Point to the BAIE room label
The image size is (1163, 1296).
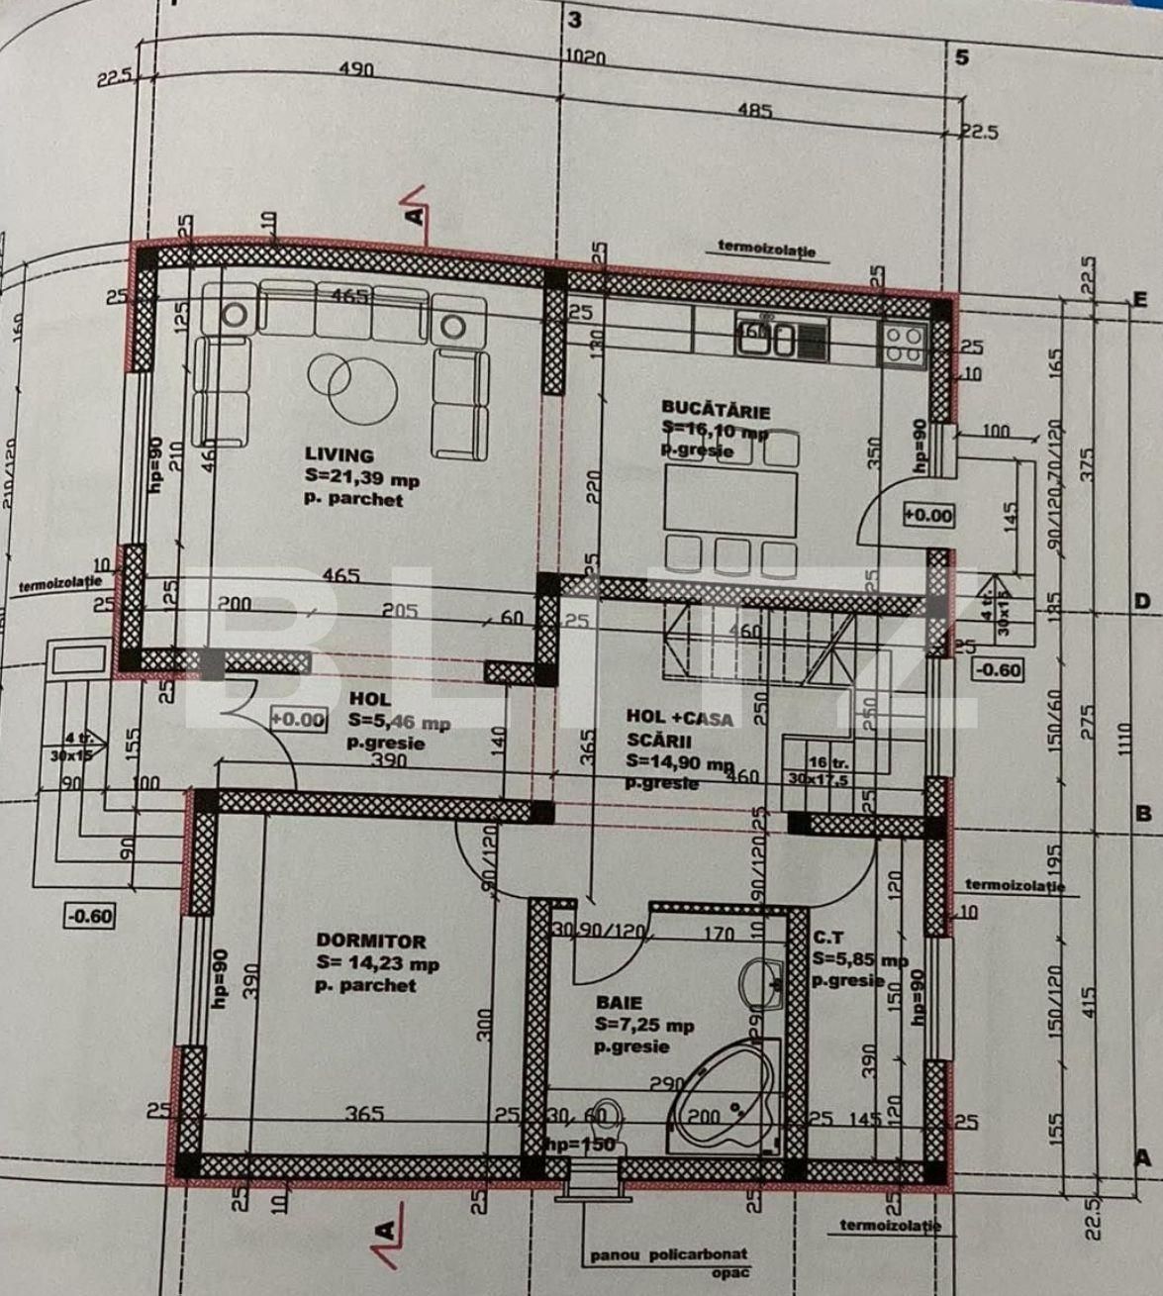point(619,1002)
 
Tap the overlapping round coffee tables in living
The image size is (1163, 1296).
point(340,378)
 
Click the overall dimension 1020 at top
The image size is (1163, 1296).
point(588,58)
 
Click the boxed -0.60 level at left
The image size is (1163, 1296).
point(89,916)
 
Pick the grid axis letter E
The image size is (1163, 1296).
point(1140,298)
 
